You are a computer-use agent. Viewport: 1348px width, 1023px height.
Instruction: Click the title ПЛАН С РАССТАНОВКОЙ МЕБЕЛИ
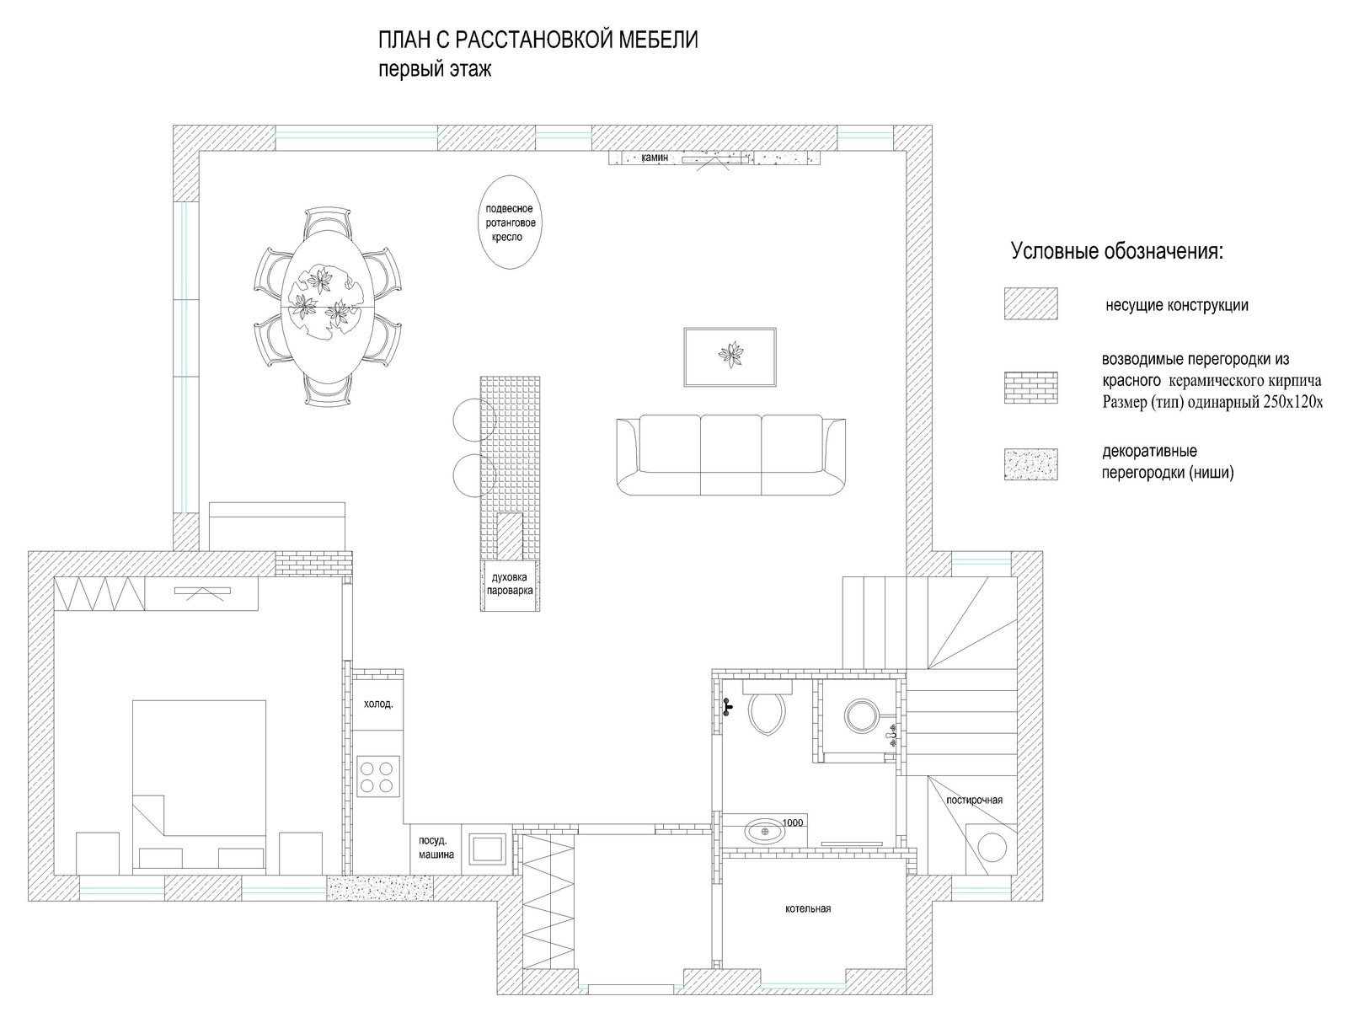click(x=538, y=40)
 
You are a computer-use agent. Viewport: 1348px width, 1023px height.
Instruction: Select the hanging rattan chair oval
click(x=510, y=222)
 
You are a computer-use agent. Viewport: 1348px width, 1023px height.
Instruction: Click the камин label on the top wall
click(x=655, y=158)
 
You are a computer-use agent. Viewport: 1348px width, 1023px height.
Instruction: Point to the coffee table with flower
click(x=730, y=356)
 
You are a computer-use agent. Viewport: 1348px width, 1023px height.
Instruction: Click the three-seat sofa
click(x=730, y=454)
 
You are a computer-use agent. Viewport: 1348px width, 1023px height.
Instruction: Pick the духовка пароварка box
click(x=510, y=585)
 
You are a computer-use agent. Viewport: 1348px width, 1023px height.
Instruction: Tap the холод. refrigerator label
click(x=378, y=704)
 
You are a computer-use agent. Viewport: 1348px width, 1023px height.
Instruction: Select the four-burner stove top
click(x=377, y=778)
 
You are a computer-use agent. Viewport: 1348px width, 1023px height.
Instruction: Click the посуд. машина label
click(x=436, y=848)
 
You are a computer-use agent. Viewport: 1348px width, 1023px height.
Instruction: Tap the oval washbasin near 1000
click(x=765, y=831)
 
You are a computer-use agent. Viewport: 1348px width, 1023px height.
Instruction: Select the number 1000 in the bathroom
click(x=792, y=822)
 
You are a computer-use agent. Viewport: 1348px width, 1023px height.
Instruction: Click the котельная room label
click(x=808, y=908)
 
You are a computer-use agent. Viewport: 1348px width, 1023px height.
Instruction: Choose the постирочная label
click(x=974, y=800)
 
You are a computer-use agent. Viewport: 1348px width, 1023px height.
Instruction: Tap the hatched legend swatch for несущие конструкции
click(x=1030, y=303)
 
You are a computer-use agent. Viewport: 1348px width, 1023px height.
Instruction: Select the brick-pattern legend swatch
click(x=1030, y=388)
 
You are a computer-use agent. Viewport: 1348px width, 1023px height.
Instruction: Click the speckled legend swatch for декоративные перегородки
click(x=1030, y=464)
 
